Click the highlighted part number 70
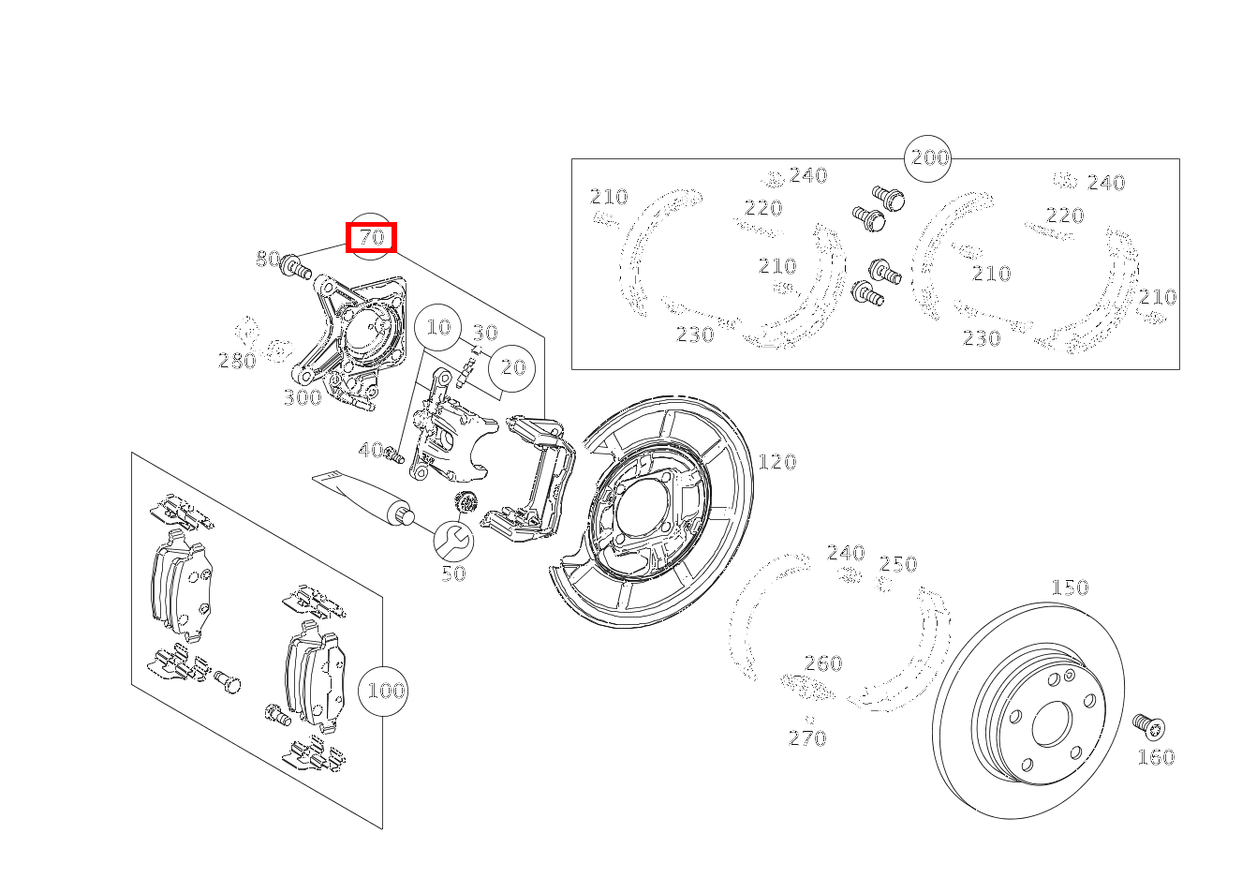point(372,238)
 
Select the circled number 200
point(929,157)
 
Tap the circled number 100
point(385,692)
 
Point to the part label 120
point(776,462)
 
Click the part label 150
point(1069,588)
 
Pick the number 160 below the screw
point(1155,757)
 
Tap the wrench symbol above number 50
point(453,540)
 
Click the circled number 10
point(438,327)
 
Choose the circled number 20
point(512,367)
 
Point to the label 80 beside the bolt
point(268,259)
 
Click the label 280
point(237,361)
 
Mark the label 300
point(302,397)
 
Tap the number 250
point(898,564)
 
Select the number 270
point(807,738)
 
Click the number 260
point(823,663)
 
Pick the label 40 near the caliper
point(371,451)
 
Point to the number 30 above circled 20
point(484,333)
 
